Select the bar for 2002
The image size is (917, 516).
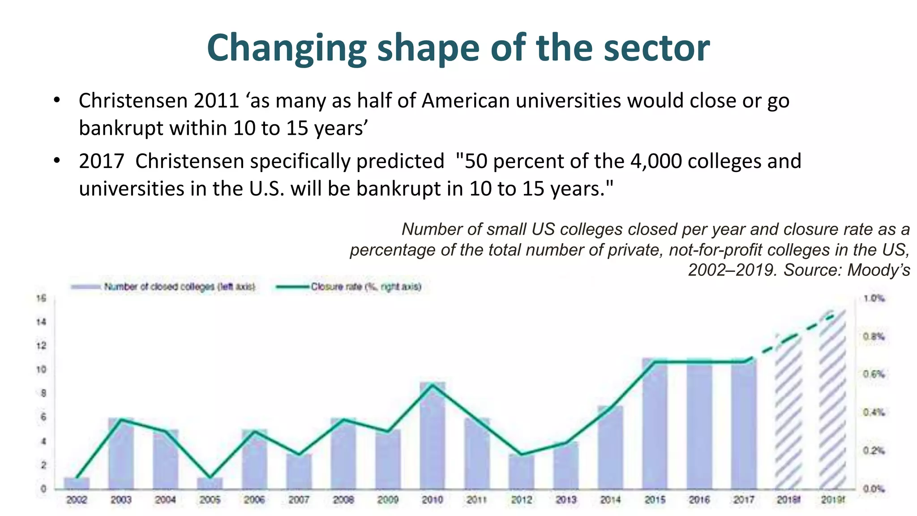point(77,483)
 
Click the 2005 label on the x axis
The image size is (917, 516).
point(210,499)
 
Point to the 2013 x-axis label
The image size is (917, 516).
point(566,499)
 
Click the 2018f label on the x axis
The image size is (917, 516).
point(788,499)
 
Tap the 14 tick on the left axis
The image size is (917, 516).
point(41,322)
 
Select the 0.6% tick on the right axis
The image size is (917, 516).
point(874,374)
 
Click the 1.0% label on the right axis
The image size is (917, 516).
point(874,298)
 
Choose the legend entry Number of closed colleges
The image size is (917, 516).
point(179,287)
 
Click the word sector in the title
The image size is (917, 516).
point(656,47)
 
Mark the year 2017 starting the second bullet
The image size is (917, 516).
point(101,161)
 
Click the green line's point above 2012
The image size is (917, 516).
point(521,454)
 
